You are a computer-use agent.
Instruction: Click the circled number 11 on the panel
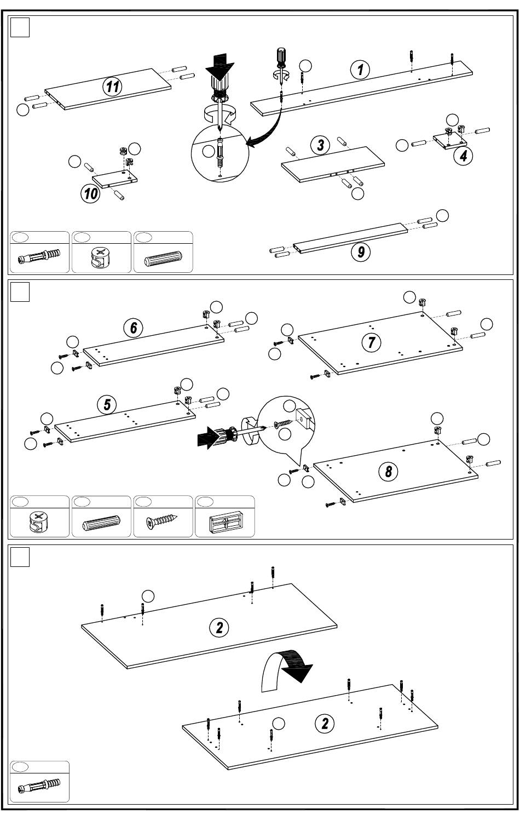[x=113, y=87]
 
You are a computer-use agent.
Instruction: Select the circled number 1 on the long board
[x=360, y=70]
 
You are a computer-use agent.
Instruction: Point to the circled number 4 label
[x=463, y=156]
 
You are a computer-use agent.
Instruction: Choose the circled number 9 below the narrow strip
[x=361, y=252]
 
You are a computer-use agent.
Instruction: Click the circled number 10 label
[x=90, y=193]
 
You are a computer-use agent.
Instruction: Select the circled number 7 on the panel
[x=371, y=342]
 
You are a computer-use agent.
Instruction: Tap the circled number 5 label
[x=107, y=405]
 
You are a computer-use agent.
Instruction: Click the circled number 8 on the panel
[x=388, y=471]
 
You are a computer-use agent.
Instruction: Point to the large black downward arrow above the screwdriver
[x=220, y=66]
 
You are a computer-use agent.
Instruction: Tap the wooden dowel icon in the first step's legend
[x=163, y=259]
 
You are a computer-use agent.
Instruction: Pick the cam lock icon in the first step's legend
[x=101, y=257]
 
